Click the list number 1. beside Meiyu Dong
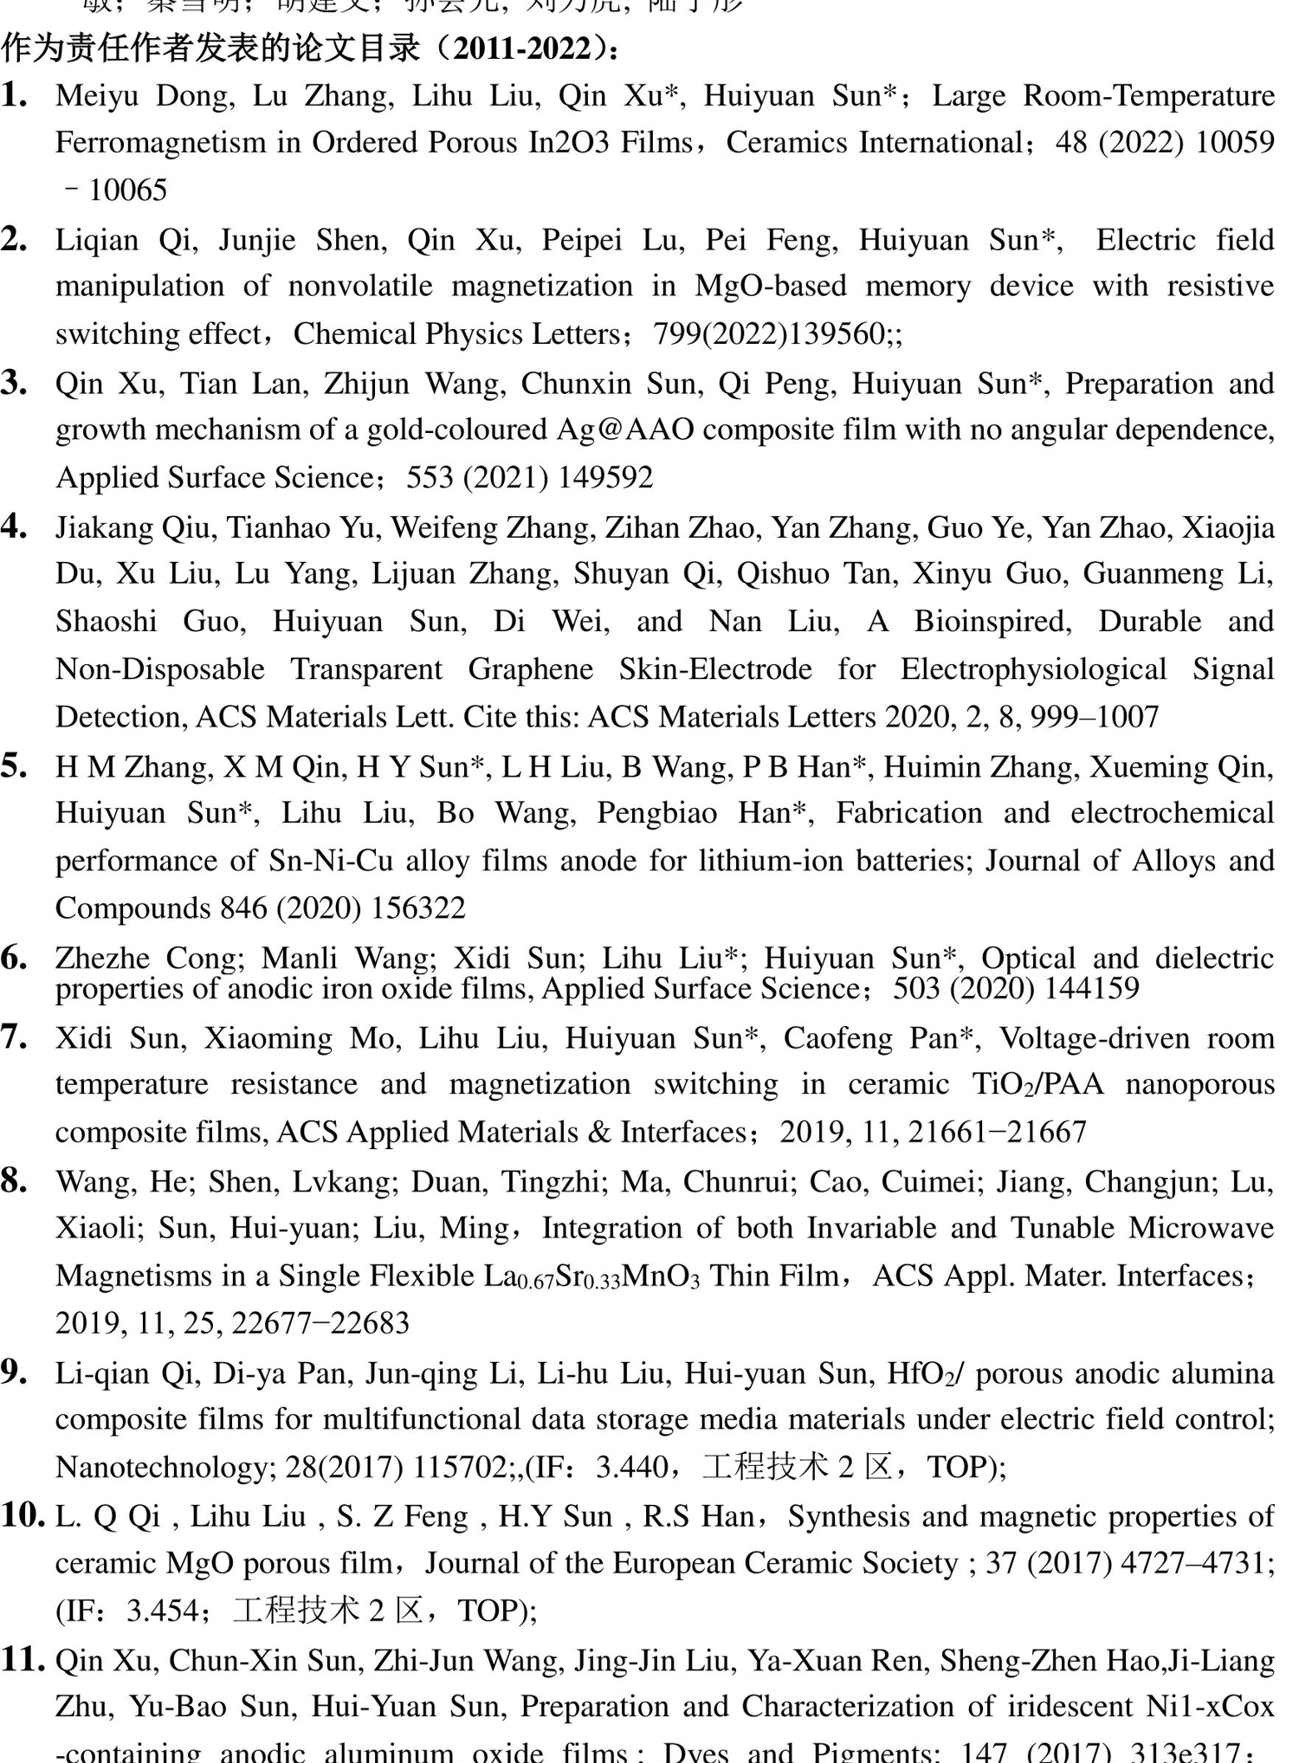pyautogui.click(x=15, y=95)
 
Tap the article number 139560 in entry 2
pyautogui.click(x=830, y=334)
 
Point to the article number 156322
pyautogui.click(x=417, y=908)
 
